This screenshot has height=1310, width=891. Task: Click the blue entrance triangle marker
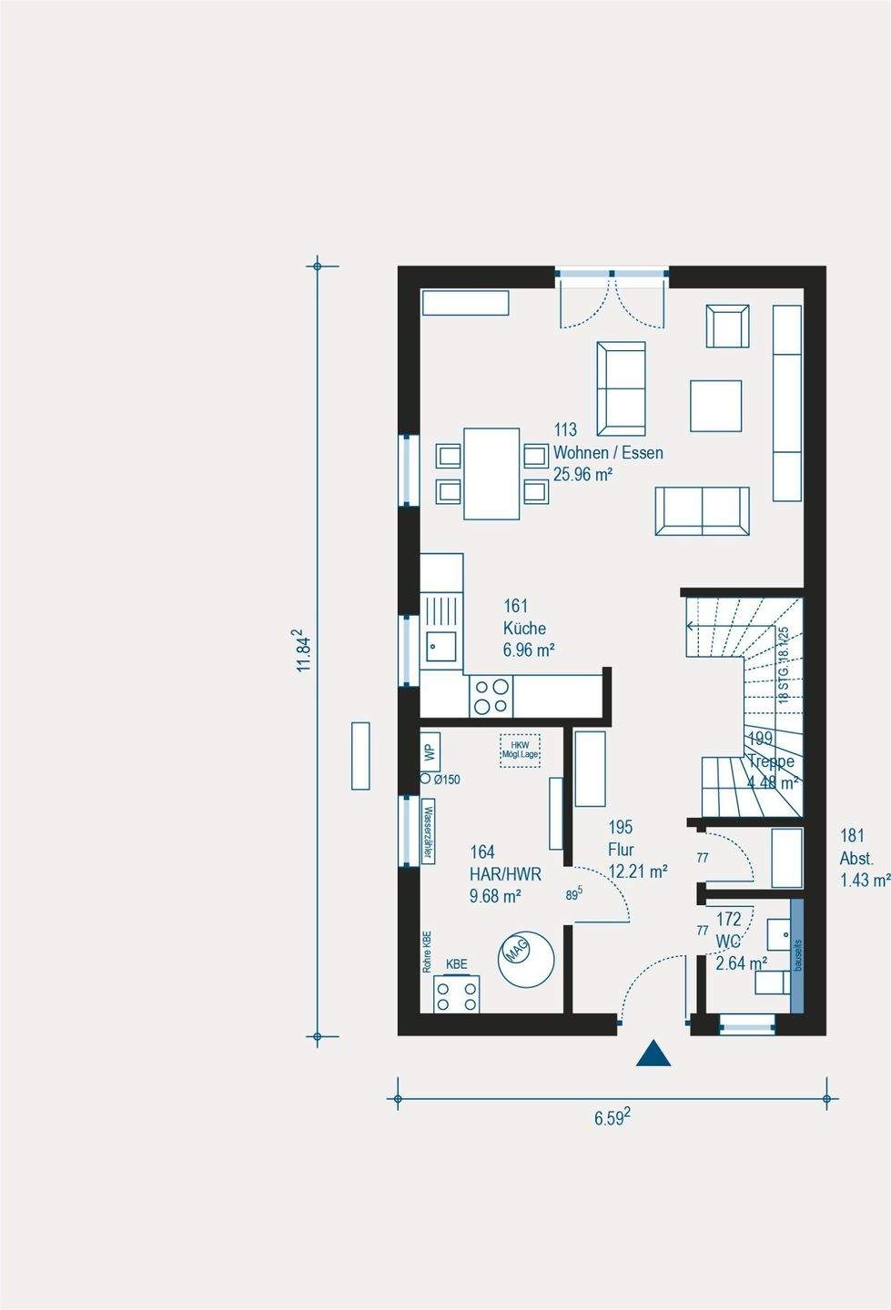[x=653, y=1053]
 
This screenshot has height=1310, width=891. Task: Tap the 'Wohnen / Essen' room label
[x=608, y=452]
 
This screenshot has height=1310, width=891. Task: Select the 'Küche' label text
[x=525, y=628]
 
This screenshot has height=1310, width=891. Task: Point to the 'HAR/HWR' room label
[x=505, y=874]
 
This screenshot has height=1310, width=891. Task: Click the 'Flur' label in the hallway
[x=621, y=850]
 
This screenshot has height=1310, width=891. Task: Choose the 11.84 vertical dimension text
[x=305, y=650]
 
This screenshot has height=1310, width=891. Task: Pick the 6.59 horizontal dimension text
[x=613, y=1117]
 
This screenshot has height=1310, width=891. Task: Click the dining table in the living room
[x=491, y=473]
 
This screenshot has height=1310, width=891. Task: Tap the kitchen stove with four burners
[x=491, y=696]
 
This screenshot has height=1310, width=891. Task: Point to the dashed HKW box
[x=520, y=751]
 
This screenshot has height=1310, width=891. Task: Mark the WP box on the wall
[x=430, y=753]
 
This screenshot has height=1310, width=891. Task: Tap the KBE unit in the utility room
[x=456, y=992]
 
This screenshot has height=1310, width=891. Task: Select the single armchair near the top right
[x=727, y=326]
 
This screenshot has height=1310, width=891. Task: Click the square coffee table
[x=715, y=406]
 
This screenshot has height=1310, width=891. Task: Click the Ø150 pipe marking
[x=440, y=780]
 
